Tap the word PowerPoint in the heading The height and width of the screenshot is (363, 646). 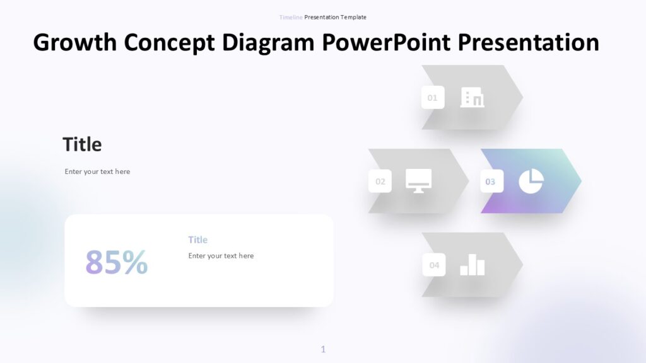click(386, 43)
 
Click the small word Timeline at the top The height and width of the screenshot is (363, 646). click(291, 17)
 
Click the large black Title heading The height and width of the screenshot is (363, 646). click(82, 144)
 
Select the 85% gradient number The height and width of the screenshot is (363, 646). click(117, 262)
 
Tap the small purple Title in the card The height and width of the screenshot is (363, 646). click(197, 239)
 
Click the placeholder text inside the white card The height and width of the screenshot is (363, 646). click(221, 256)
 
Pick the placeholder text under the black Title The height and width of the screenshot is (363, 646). click(97, 171)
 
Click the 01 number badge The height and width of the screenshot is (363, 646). click(433, 98)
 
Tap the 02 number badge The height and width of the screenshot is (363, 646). click(380, 181)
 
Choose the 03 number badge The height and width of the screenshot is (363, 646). click(491, 181)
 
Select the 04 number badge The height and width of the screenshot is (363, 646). click(434, 265)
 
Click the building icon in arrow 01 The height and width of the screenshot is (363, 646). click(472, 98)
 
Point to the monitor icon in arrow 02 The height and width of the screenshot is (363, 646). click(418, 181)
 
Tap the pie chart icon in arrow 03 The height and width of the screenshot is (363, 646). click(531, 181)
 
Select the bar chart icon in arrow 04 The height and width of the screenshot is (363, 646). click(473, 265)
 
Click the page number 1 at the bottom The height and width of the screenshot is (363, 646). click(323, 349)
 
